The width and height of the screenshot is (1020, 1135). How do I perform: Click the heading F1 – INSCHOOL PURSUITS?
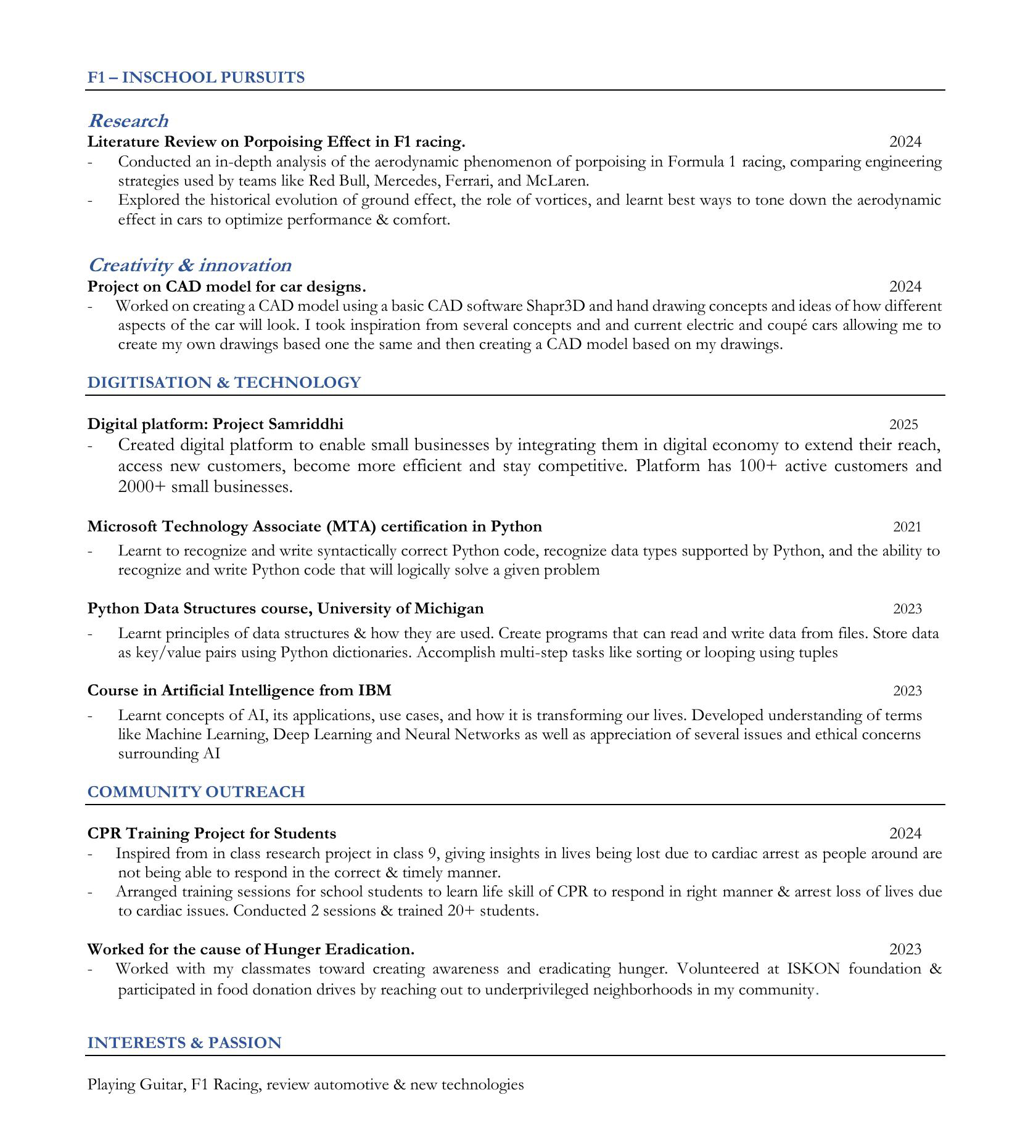(x=195, y=78)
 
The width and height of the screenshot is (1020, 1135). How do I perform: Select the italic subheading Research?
(x=128, y=121)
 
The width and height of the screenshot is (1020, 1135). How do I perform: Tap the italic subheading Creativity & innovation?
(x=189, y=265)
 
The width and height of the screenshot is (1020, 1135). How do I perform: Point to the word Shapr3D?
(x=555, y=306)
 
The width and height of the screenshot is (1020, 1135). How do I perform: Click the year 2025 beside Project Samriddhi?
(x=903, y=424)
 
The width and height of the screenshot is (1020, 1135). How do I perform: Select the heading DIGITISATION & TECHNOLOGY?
(x=224, y=383)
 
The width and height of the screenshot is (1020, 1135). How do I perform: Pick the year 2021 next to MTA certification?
(x=907, y=527)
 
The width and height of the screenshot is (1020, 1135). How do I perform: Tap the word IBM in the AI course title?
(x=374, y=690)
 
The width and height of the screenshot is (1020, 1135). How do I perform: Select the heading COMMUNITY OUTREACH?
(x=196, y=792)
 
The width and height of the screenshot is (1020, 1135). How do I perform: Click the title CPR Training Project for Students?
(x=212, y=834)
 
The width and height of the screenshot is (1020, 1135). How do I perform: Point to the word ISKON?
(x=813, y=969)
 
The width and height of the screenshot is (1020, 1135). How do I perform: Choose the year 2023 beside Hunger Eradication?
(x=905, y=949)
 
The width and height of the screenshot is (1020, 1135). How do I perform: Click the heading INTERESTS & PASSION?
(x=184, y=1043)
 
